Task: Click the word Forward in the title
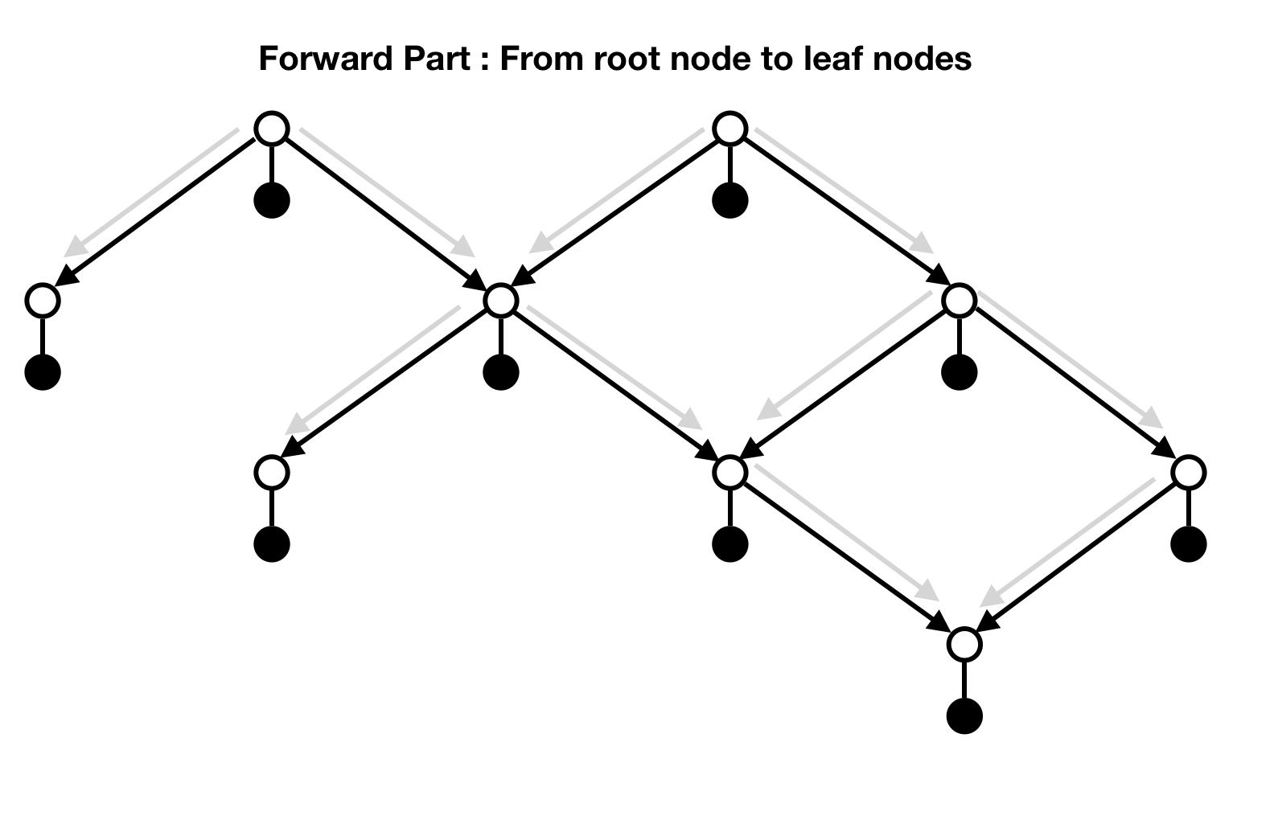320,59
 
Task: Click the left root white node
272,129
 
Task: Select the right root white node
730,129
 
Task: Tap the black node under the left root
272,200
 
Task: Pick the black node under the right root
730,200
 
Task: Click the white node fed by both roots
501,300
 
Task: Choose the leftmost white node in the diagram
43,300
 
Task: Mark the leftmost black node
43,372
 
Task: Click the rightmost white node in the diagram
1189,472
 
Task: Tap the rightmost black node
1189,544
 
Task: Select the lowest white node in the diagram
964,644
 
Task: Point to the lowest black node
964,716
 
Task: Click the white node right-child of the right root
959,300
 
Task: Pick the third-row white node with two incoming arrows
730,472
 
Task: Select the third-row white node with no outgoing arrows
272,472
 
